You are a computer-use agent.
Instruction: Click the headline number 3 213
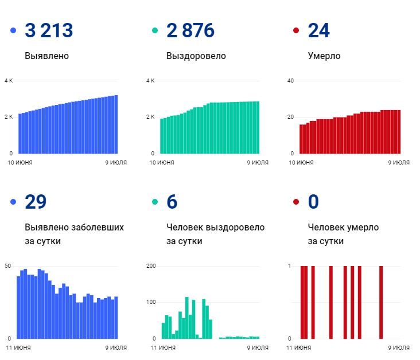(x=49, y=30)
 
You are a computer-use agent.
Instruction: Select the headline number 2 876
(x=190, y=30)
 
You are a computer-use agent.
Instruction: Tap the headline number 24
(x=319, y=30)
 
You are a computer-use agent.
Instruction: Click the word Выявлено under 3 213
(x=47, y=56)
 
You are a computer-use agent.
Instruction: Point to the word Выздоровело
(x=196, y=56)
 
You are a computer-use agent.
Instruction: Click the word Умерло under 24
(x=324, y=56)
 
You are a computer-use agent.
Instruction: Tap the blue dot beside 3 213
(x=13, y=30)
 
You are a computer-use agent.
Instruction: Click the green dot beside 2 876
(x=155, y=30)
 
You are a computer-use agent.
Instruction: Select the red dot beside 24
(x=296, y=30)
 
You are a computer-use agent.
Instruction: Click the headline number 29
(x=36, y=202)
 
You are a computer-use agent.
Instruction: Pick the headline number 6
(x=172, y=202)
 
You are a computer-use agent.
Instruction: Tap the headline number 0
(x=313, y=202)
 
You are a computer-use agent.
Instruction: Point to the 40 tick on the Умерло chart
(x=290, y=81)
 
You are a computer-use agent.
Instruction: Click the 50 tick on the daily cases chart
(x=7, y=266)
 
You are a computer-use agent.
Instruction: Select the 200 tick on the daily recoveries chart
(x=151, y=266)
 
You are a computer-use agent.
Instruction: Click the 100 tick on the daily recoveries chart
(x=151, y=302)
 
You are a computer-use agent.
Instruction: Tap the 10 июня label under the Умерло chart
(x=301, y=163)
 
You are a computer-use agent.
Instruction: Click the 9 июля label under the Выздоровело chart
(x=258, y=163)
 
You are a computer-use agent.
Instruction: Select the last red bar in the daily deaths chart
(x=380, y=302)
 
